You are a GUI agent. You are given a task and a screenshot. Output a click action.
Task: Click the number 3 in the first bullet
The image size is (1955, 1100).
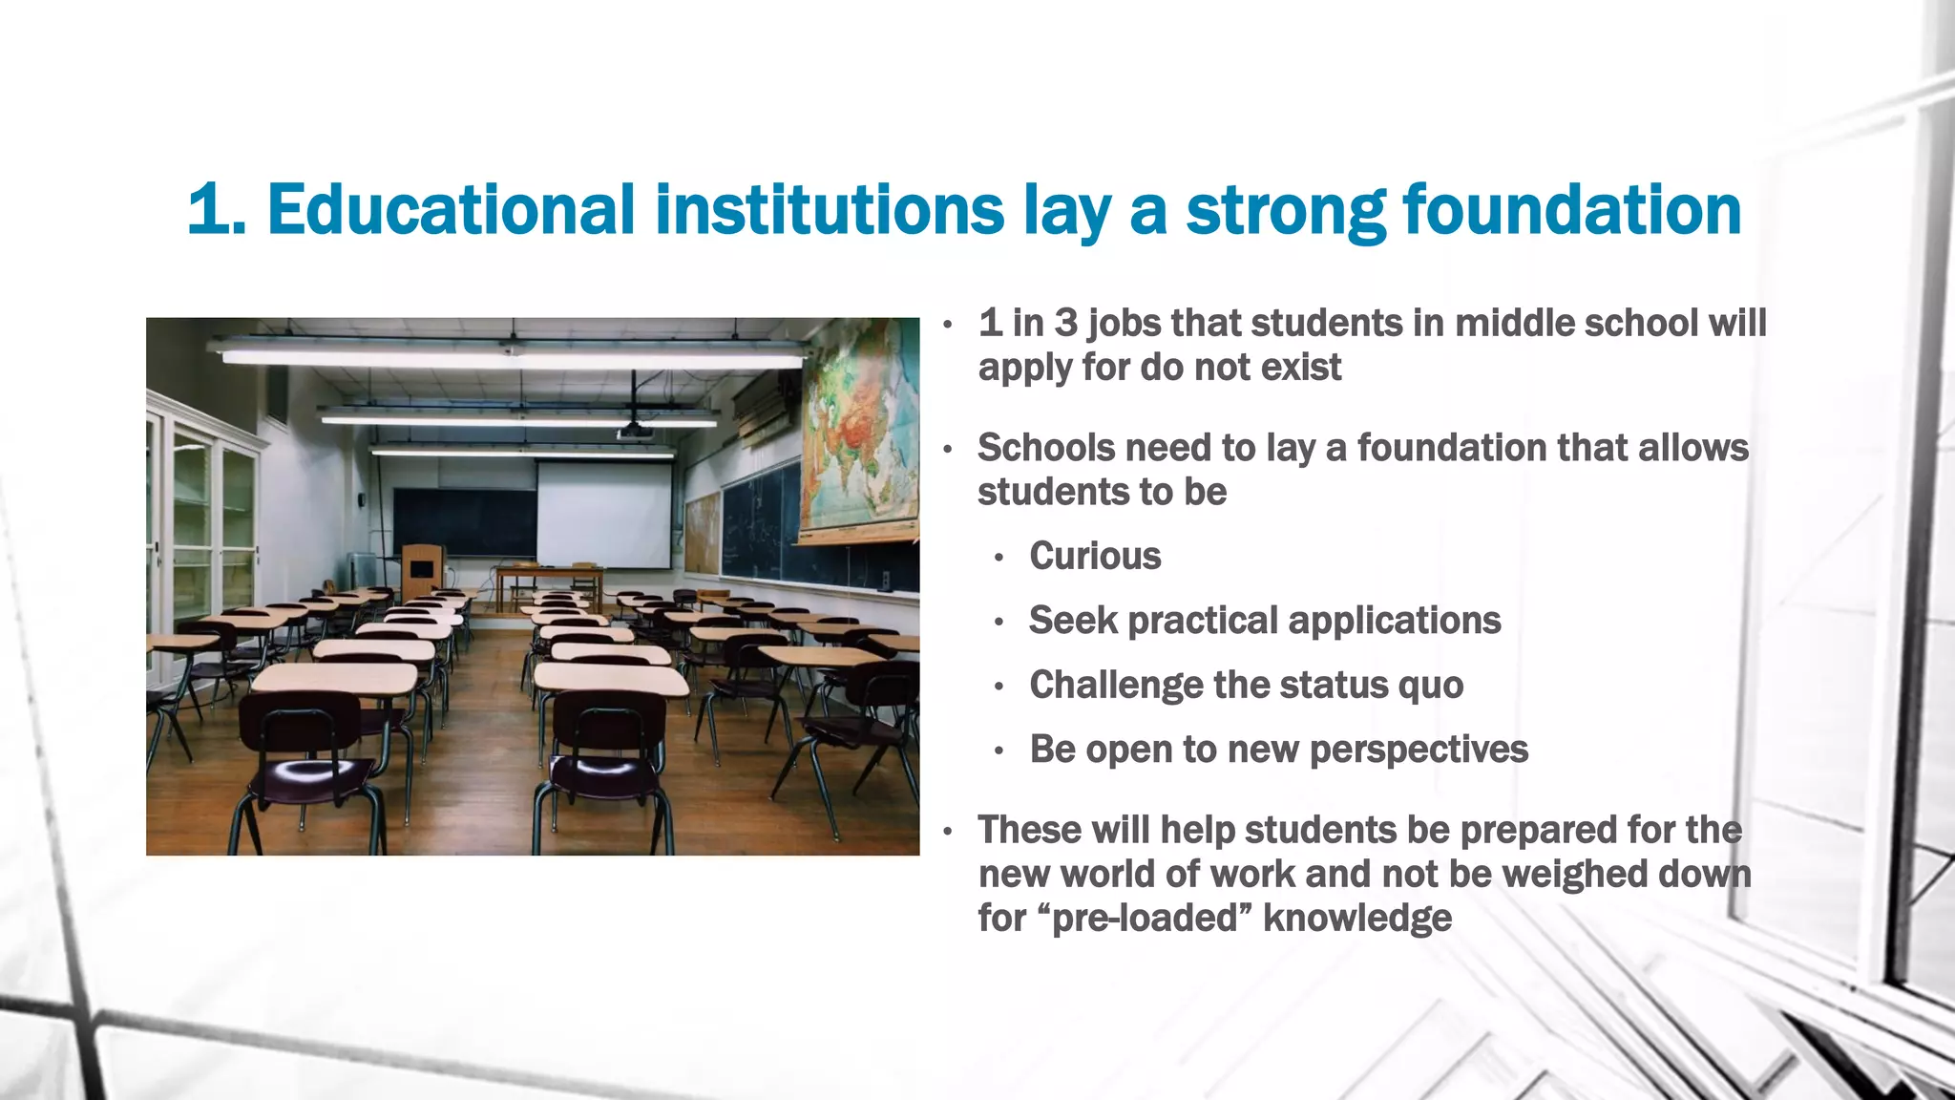click(x=1065, y=324)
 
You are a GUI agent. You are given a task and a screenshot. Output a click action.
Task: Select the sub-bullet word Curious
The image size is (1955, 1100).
click(x=1095, y=557)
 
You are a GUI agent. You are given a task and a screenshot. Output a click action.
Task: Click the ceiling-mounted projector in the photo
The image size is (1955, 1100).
click(x=634, y=433)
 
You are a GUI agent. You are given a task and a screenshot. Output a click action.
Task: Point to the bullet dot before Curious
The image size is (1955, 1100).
click(x=999, y=559)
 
